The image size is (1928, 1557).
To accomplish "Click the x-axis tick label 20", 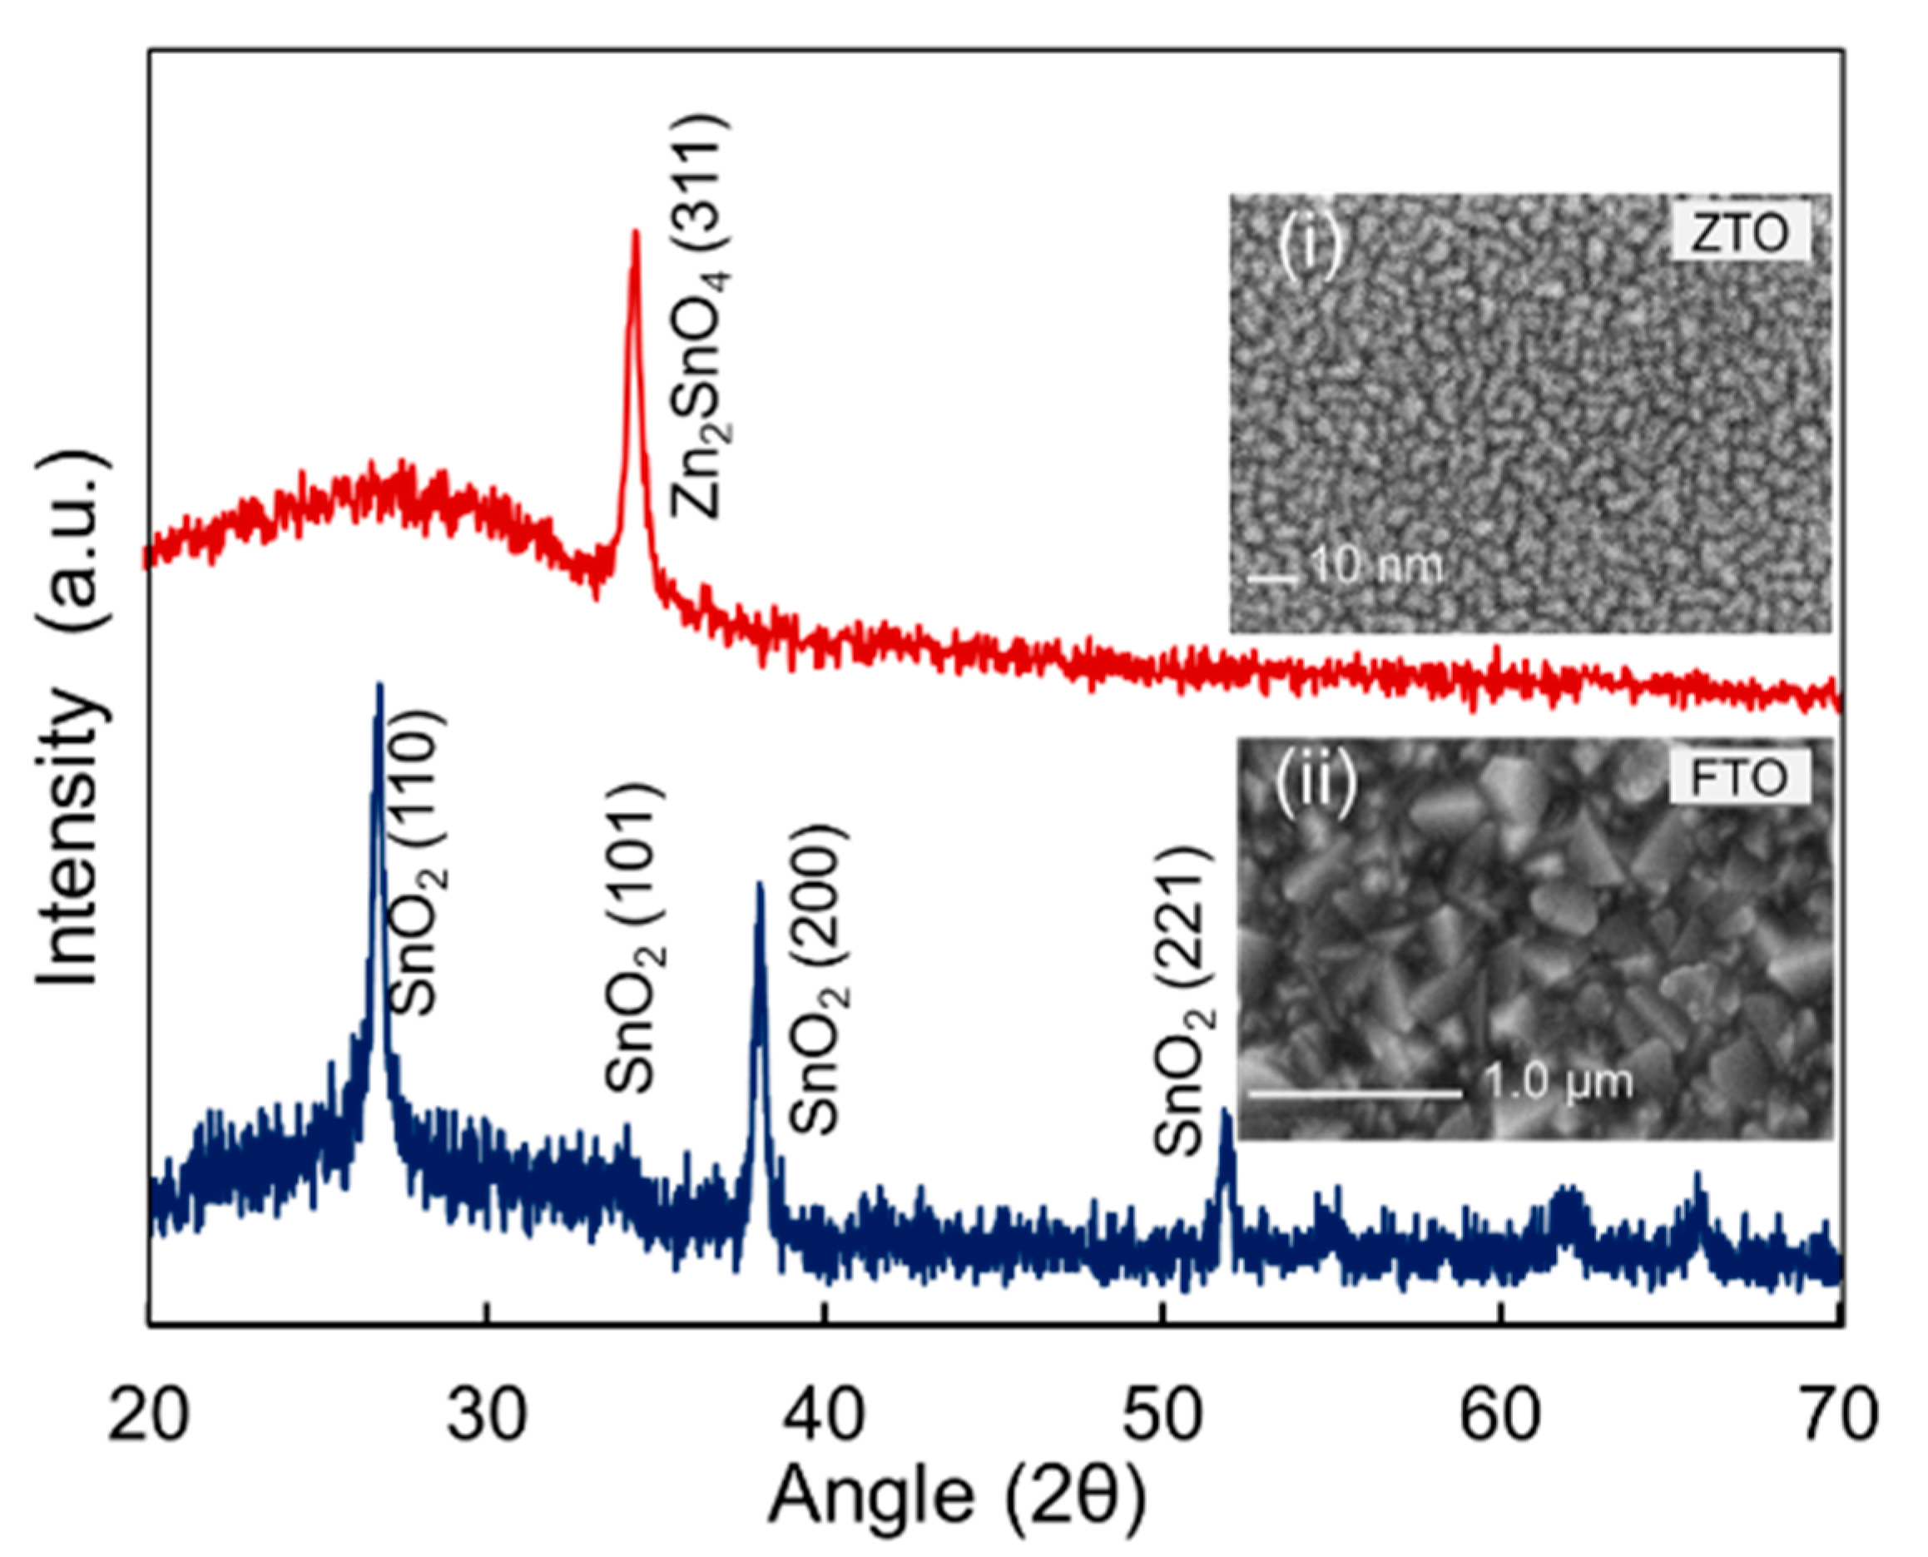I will [x=148, y=1415].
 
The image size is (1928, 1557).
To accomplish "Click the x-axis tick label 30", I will [x=487, y=1415].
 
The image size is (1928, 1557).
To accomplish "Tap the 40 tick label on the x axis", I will [x=824, y=1415].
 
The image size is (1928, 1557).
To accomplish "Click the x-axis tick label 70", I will [x=1836, y=1415].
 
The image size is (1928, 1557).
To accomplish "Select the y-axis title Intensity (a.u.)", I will [x=71, y=717].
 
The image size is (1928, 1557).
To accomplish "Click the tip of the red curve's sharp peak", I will [x=636, y=232].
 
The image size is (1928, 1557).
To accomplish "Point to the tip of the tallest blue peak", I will [x=379, y=686].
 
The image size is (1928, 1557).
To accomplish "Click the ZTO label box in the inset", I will [x=1739, y=233].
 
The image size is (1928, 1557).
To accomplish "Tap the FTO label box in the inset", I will [x=1739, y=776].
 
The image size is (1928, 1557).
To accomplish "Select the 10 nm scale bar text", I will [x=1376, y=566].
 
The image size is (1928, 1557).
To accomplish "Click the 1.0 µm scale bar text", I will [x=1559, y=1082].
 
